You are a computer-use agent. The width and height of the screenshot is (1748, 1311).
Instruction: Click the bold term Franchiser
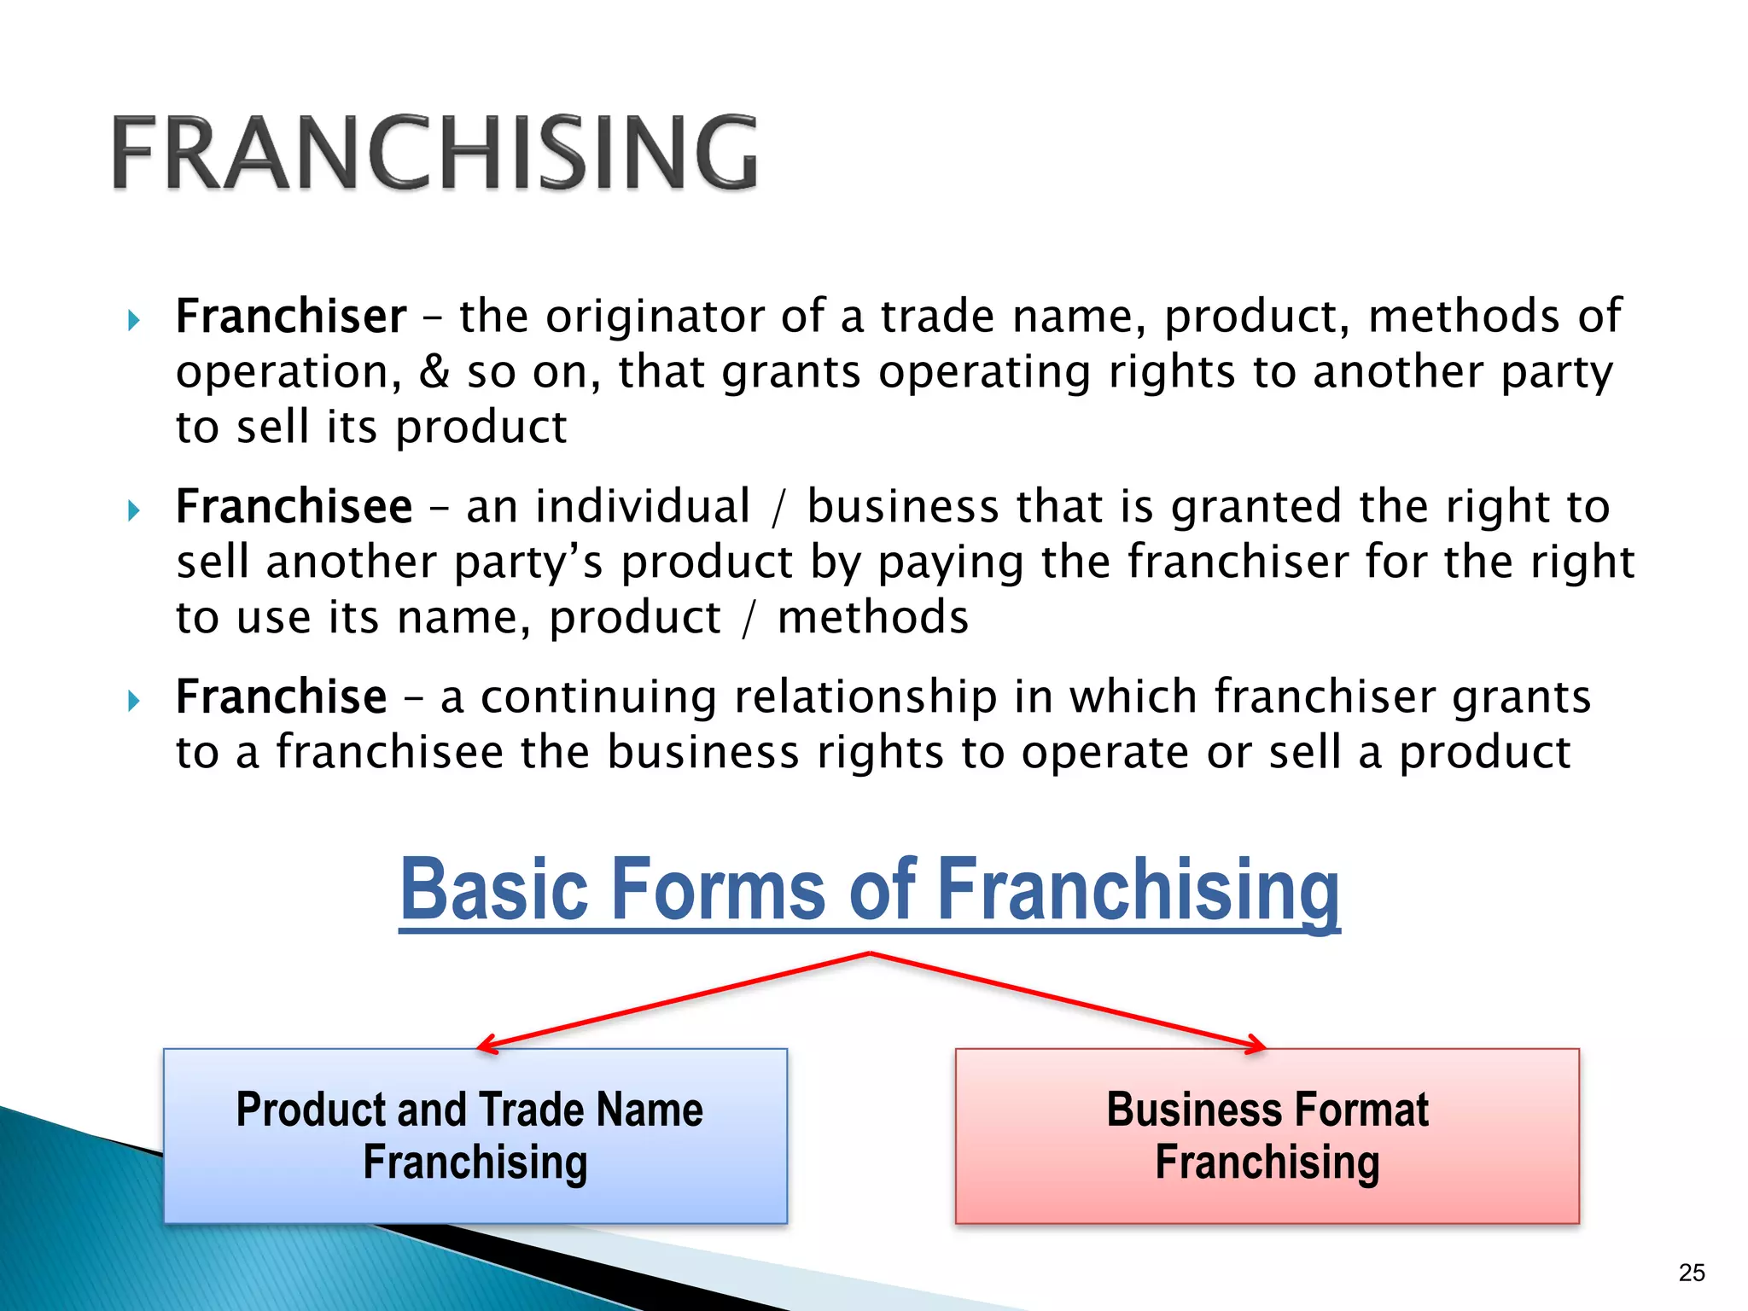tap(291, 317)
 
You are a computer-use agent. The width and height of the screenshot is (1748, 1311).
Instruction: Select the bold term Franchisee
tap(294, 507)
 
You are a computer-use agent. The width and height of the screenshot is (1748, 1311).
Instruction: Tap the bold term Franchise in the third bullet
tap(281, 697)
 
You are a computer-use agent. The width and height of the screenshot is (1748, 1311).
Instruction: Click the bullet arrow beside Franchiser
tap(132, 321)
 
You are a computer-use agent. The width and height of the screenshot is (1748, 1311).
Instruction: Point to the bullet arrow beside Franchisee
tap(132, 511)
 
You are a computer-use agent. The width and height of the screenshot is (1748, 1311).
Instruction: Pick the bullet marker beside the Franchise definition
tap(132, 702)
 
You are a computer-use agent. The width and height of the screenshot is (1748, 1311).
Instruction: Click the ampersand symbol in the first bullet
tap(434, 372)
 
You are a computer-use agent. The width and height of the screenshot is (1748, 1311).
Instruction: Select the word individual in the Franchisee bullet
tap(643, 507)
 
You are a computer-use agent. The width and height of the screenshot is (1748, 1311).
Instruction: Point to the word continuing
tap(598, 697)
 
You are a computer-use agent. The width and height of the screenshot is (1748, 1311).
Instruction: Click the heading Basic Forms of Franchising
tap(869, 890)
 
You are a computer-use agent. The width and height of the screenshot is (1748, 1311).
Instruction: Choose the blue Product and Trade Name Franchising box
tap(475, 1136)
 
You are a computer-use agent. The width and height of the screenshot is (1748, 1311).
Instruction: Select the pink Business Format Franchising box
tap(1267, 1136)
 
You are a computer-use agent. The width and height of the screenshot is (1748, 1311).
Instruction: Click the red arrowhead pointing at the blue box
tap(487, 1045)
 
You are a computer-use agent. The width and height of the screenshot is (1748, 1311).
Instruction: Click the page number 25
tap(1692, 1273)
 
